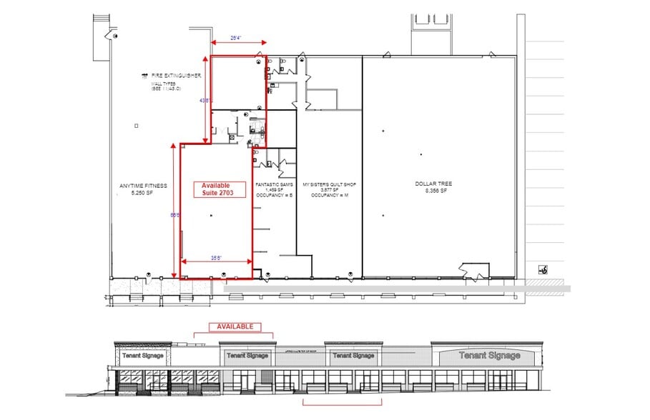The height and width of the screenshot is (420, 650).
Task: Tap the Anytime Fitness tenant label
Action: click(x=143, y=186)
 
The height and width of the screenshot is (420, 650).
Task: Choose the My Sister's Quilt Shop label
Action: click(x=329, y=184)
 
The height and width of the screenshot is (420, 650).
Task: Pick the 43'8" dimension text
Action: click(x=205, y=101)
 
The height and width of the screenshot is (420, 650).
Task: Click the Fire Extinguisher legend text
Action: click(x=171, y=76)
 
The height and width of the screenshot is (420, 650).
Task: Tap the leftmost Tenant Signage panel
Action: click(x=142, y=355)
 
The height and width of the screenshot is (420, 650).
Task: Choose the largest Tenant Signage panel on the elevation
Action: click(x=489, y=355)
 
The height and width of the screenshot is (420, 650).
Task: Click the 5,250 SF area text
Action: click(x=143, y=194)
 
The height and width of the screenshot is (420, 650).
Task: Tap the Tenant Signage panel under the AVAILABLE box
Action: click(x=247, y=356)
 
